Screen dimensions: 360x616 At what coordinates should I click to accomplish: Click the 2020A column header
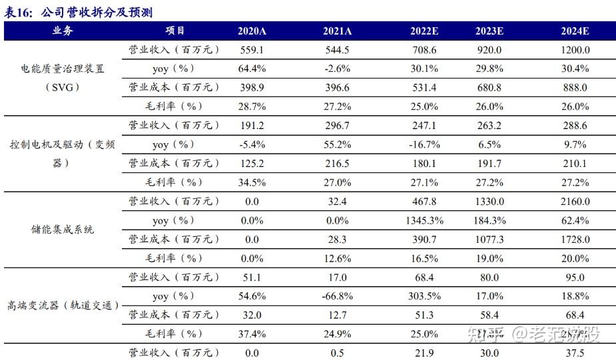pyautogui.click(x=252, y=31)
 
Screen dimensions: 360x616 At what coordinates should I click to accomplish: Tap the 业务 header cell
pyautogui.click(x=63, y=31)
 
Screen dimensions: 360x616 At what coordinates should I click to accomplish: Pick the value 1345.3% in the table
pyautogui.click(x=424, y=220)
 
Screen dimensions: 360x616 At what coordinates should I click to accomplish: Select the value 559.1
pyautogui.click(x=252, y=50)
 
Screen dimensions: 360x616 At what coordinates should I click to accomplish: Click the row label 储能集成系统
pyautogui.click(x=63, y=230)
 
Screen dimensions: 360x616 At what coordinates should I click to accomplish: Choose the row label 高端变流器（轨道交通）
pyautogui.click(x=64, y=305)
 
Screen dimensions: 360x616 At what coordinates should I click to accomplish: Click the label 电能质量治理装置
pyautogui.click(x=63, y=69)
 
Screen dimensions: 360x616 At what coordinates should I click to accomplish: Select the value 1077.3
pyautogui.click(x=489, y=239)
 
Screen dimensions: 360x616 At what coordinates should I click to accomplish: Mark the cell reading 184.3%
pyautogui.click(x=489, y=220)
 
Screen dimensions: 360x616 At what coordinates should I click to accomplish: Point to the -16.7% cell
pyautogui.click(x=424, y=144)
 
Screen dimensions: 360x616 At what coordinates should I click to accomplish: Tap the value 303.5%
pyautogui.click(x=424, y=295)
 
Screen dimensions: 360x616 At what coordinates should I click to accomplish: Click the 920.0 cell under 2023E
pyautogui.click(x=489, y=50)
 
